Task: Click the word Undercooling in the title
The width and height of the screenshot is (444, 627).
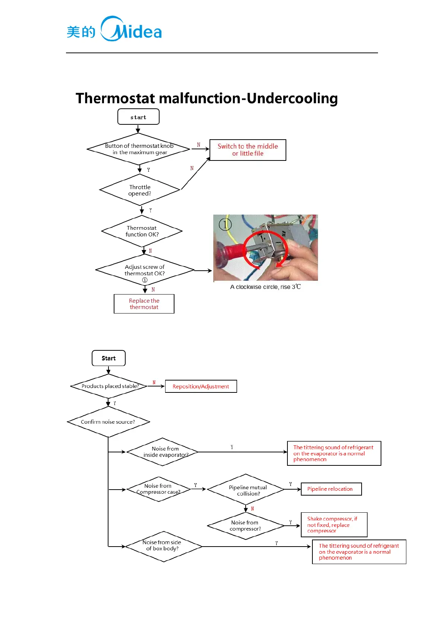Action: [x=292, y=98]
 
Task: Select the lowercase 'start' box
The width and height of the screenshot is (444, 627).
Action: [x=138, y=117]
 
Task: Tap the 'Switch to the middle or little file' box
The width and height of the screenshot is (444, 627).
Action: [x=248, y=150]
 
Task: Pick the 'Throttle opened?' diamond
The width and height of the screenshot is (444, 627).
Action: [x=140, y=190]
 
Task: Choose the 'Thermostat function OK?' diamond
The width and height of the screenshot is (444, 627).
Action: [x=142, y=231]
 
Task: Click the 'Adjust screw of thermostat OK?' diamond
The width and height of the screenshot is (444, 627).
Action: [x=145, y=270]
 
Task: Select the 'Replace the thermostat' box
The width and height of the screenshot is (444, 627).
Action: [x=144, y=304]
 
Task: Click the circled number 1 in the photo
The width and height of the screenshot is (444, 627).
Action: [x=225, y=224]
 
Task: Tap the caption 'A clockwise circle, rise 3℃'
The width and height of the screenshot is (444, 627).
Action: [x=265, y=287]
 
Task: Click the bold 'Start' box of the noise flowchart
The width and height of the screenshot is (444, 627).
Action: [x=108, y=358]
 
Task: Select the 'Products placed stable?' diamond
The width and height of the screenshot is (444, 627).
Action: [x=109, y=386]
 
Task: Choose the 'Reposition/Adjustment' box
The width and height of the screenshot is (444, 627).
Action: [x=201, y=386]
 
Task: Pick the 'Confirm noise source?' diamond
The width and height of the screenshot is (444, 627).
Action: [x=108, y=422]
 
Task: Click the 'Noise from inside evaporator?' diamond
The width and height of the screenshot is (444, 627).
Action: [x=163, y=452]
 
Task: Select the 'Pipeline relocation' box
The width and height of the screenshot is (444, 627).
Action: [x=331, y=489]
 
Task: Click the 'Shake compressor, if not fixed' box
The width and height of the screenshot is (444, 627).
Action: [x=334, y=525]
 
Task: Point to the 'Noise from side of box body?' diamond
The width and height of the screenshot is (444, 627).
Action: [x=163, y=546]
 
